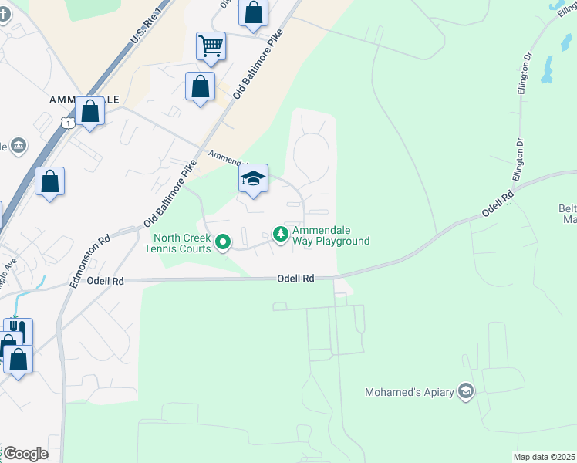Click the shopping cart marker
(x=211, y=46)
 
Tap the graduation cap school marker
(x=253, y=179)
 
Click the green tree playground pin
(x=282, y=233)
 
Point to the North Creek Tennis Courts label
(x=177, y=243)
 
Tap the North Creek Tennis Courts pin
(x=223, y=243)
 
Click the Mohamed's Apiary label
(x=409, y=392)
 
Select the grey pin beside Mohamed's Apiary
(x=465, y=392)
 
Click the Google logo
(x=25, y=454)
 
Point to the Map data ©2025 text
(x=543, y=457)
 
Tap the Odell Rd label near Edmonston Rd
(x=106, y=282)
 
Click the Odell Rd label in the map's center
(x=297, y=278)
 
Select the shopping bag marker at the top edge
(x=253, y=12)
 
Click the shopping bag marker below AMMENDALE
(x=90, y=111)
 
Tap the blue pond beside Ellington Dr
(x=548, y=69)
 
